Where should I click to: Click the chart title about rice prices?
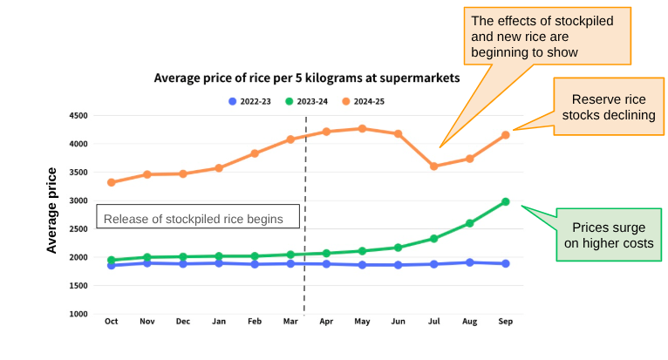pos(306,78)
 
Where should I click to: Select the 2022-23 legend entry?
pos(250,101)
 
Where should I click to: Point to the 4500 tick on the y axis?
pos(78,116)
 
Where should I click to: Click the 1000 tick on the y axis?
pos(78,314)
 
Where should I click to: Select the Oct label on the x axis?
pos(111,322)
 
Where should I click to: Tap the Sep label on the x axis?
pos(505,322)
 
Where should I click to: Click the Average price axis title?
pos(52,210)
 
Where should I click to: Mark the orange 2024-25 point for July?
pos(433,166)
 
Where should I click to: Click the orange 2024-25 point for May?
pos(362,129)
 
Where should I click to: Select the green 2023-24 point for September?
pos(505,202)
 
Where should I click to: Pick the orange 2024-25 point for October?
pos(111,182)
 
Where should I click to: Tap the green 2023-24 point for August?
pos(469,223)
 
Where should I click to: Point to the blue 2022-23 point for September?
pos(505,263)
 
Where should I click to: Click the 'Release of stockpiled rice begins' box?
pos(200,218)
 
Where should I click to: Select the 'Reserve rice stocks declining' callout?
pos(607,107)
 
